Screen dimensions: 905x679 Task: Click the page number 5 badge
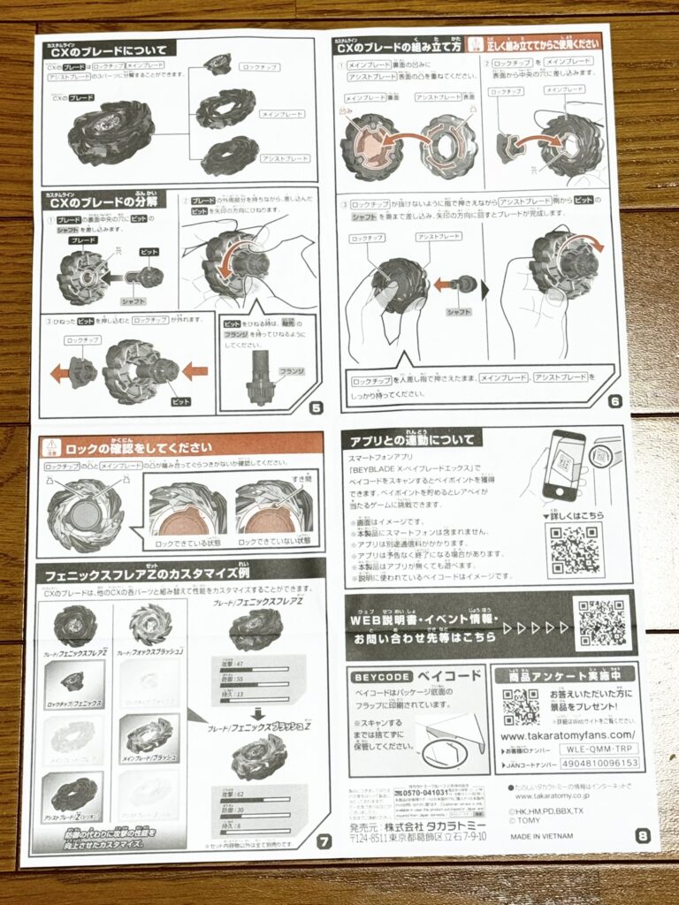(316, 407)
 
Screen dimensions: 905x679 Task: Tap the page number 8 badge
(642, 835)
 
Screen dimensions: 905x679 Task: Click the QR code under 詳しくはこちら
(574, 551)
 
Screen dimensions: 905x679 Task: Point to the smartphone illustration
(563, 465)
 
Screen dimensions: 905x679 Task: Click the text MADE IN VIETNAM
(541, 835)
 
